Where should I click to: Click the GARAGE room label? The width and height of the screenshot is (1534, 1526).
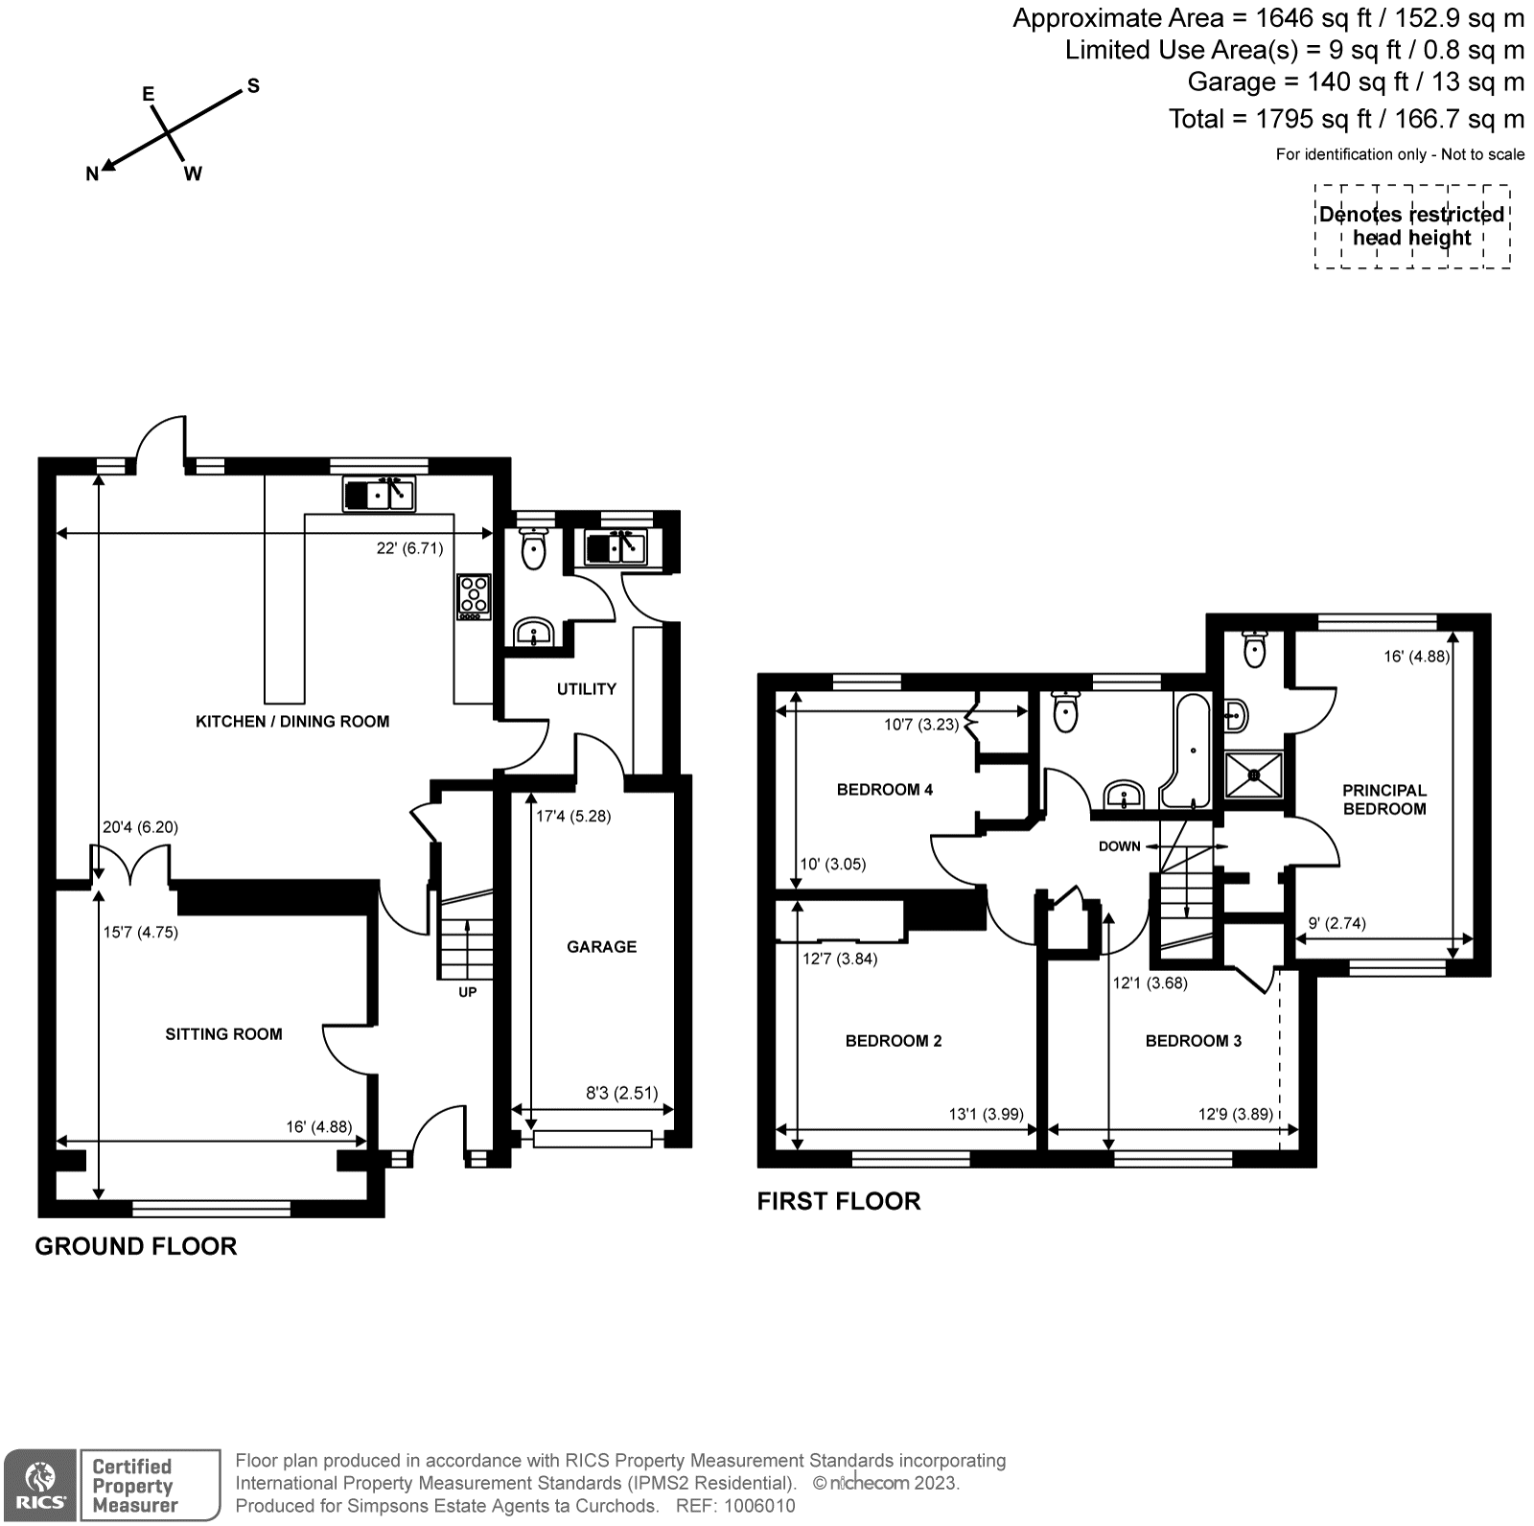tap(601, 947)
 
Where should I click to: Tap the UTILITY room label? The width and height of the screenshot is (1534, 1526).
tap(586, 689)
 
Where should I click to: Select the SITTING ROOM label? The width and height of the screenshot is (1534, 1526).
tap(223, 1034)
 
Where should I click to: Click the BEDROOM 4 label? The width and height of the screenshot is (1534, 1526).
tap(884, 790)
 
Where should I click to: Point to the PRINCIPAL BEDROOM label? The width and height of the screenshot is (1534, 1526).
tap(1383, 799)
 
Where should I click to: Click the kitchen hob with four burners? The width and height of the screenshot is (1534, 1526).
tap(474, 596)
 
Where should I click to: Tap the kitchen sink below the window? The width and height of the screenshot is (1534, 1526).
tap(379, 495)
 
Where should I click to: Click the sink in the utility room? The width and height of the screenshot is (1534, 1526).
tap(617, 548)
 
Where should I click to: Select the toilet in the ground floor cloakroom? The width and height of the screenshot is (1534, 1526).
tap(533, 550)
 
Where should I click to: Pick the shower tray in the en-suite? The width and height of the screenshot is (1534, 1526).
tap(1253, 779)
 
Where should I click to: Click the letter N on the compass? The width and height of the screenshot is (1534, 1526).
tap(92, 174)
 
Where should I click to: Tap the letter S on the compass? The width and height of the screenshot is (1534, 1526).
tap(253, 86)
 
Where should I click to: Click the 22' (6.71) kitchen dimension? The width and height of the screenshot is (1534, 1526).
tap(409, 549)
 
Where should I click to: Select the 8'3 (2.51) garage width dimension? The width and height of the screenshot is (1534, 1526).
tap(621, 1092)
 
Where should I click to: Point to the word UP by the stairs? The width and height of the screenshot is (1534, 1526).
tap(467, 992)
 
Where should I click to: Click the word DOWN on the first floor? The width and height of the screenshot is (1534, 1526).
tap(1119, 846)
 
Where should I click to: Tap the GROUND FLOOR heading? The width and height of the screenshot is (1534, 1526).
tap(135, 1246)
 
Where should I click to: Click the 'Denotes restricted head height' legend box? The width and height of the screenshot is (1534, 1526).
tap(1411, 226)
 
